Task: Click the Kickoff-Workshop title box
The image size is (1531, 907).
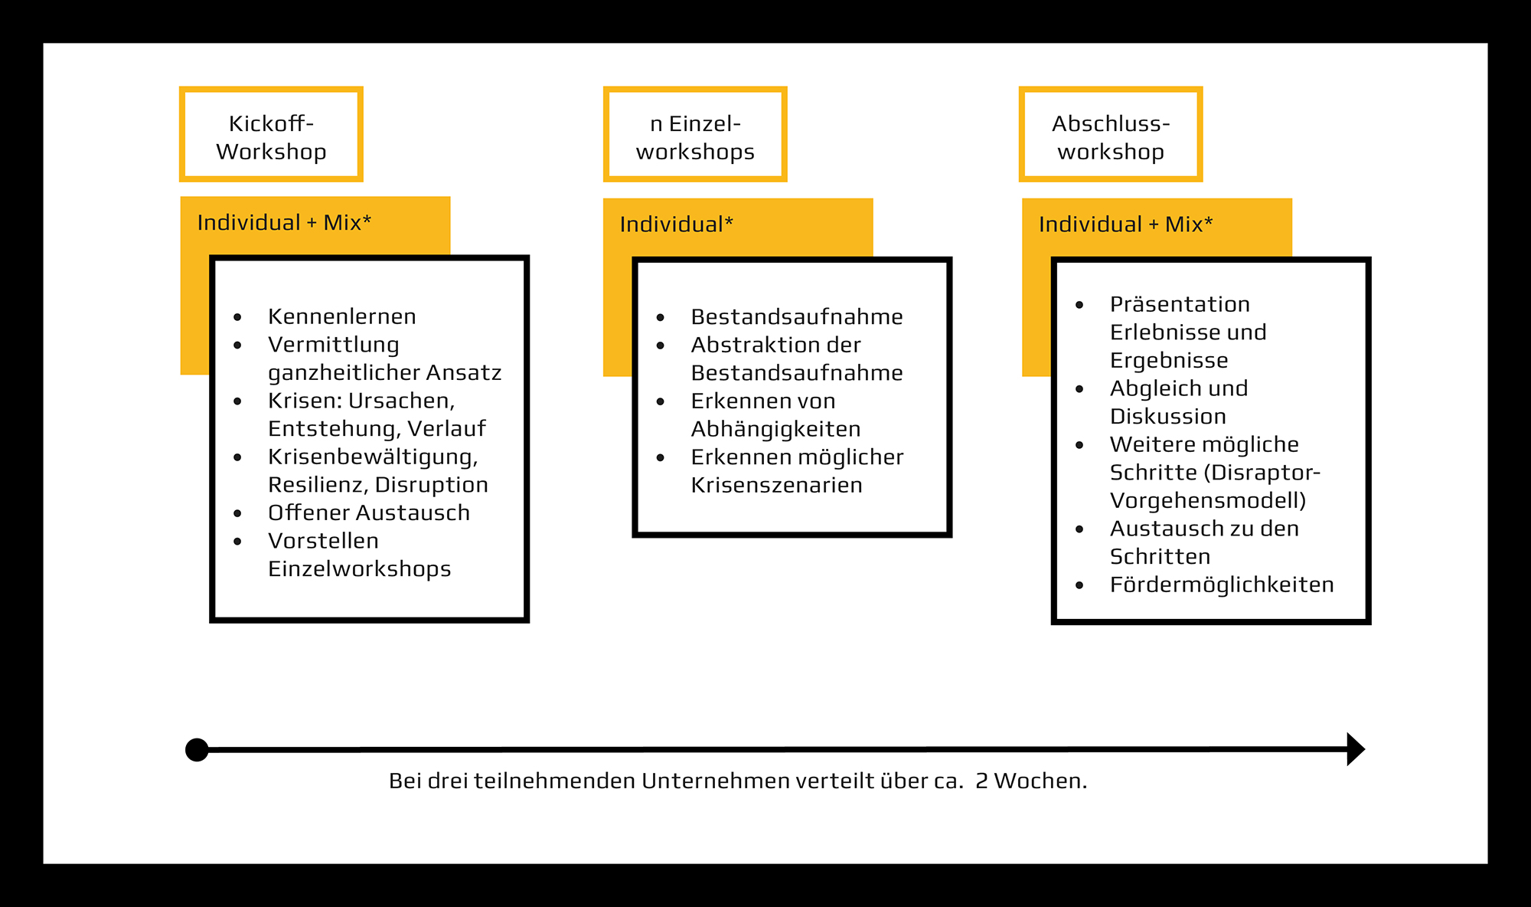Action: (x=271, y=135)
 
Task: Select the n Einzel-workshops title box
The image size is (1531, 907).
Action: (x=695, y=135)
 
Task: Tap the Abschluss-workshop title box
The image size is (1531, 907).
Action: (x=1111, y=135)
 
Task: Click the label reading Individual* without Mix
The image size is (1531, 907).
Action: (x=676, y=224)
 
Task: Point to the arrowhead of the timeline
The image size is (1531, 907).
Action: (x=1355, y=749)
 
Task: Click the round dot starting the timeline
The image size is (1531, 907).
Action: (x=197, y=750)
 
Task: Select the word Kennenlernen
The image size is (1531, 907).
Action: (x=342, y=316)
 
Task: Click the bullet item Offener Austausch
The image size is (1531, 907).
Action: (x=369, y=512)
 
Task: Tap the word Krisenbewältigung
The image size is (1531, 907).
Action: (x=372, y=457)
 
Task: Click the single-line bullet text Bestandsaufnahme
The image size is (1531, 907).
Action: (x=797, y=317)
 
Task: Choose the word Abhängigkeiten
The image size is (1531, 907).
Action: (x=775, y=429)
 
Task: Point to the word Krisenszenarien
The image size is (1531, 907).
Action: (x=776, y=485)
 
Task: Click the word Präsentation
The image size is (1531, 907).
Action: (x=1180, y=304)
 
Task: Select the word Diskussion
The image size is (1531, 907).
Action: (x=1168, y=417)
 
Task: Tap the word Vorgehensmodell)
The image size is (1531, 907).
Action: (x=1208, y=501)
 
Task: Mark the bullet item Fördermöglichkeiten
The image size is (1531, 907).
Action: (x=1222, y=584)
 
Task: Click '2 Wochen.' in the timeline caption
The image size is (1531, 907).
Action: (x=1031, y=781)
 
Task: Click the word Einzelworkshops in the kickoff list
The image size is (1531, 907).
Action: (x=360, y=569)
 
